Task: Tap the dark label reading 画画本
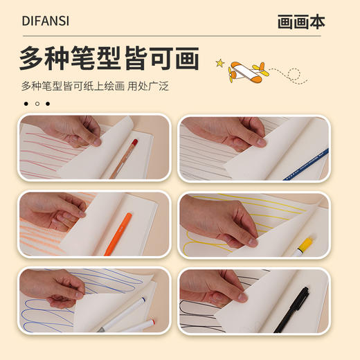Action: (x=300, y=21)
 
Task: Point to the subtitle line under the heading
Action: (x=95, y=87)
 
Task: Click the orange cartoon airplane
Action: (x=247, y=71)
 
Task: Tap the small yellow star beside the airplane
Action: (x=219, y=63)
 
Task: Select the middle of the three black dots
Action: (x=37, y=104)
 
